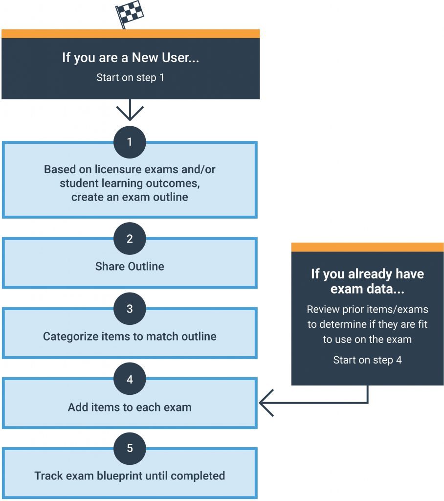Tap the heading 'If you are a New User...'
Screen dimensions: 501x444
coord(130,57)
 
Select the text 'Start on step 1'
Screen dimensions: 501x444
coord(130,77)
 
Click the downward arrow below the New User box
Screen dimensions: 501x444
coord(130,110)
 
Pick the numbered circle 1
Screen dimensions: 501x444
coord(130,142)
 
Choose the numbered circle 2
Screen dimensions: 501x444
coord(130,239)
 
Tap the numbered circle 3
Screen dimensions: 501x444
coord(130,309)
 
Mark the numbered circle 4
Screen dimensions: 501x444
coord(130,379)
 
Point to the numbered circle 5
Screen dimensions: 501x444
coord(130,448)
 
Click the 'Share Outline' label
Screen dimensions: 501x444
coord(130,267)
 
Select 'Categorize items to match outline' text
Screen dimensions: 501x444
coord(130,337)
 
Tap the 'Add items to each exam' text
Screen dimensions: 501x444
coord(130,407)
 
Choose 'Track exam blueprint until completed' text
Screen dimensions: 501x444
coord(130,476)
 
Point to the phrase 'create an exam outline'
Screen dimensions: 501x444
coord(130,197)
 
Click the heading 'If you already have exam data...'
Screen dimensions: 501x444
coord(367,281)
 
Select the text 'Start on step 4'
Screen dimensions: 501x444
coord(367,360)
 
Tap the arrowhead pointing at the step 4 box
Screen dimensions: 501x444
coord(264,403)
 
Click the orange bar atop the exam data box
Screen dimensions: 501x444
coord(367,247)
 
